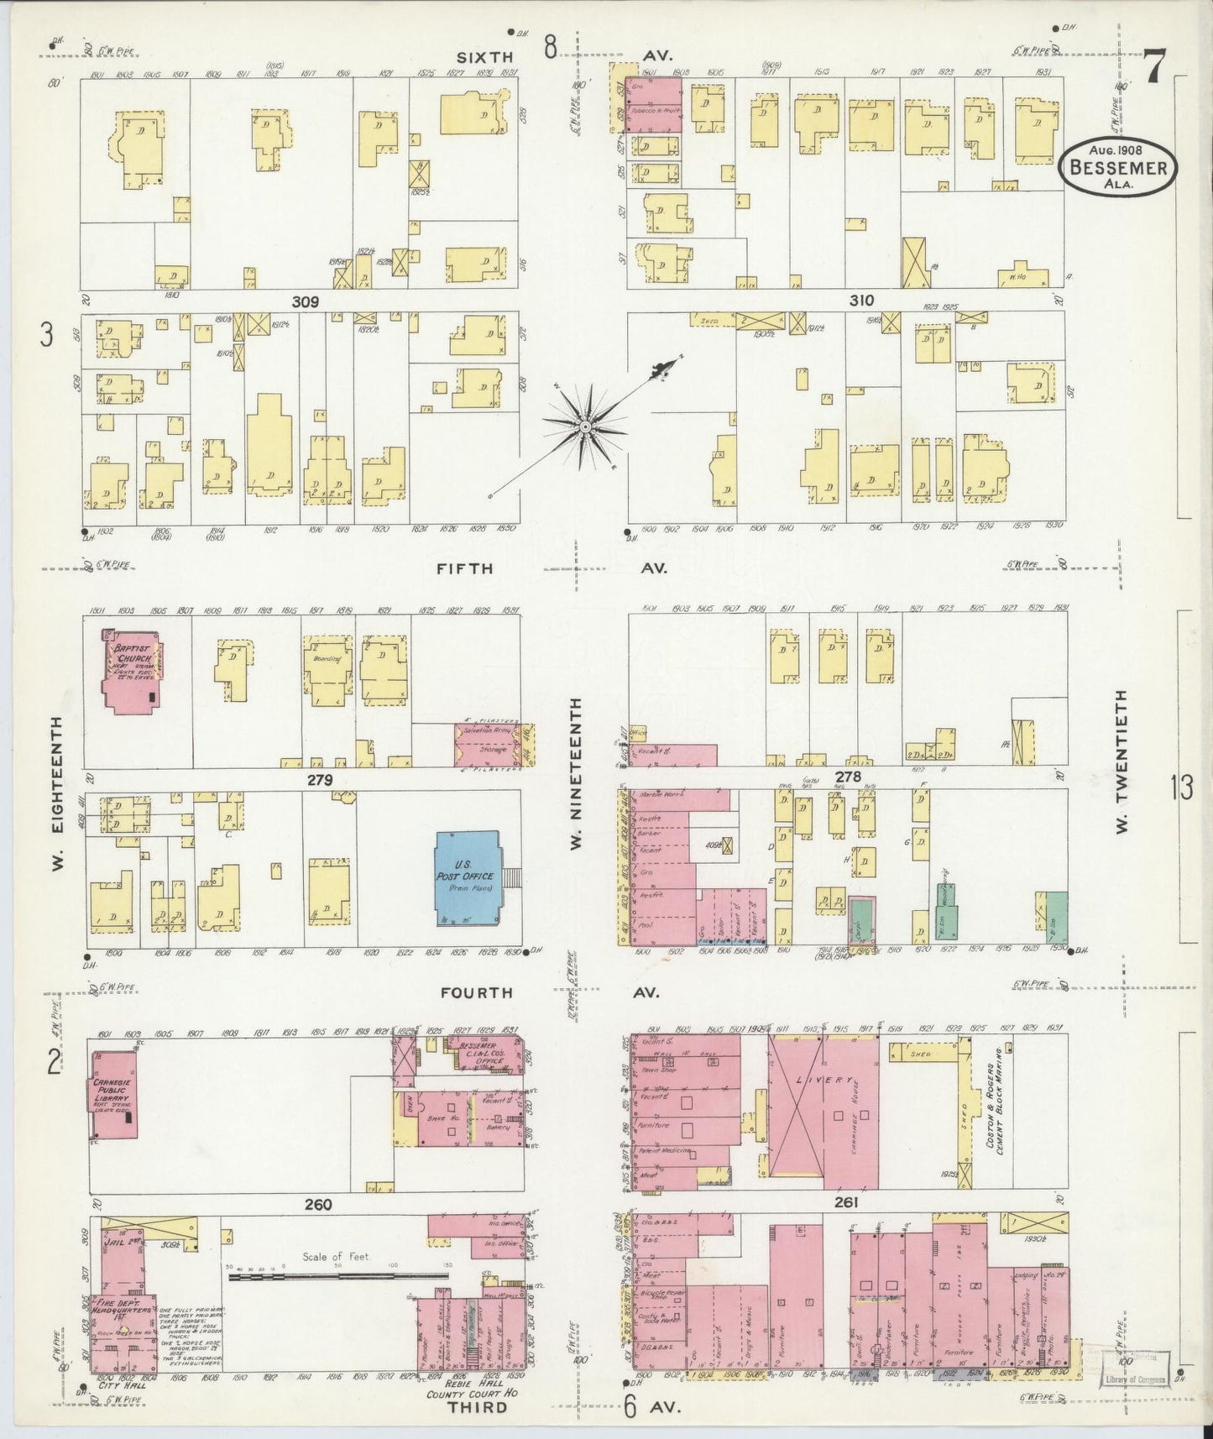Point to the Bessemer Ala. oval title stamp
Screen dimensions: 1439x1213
(x=1117, y=167)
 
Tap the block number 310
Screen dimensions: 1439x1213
(x=861, y=301)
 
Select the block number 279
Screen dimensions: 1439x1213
(x=320, y=780)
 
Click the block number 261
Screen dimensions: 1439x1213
(x=846, y=1203)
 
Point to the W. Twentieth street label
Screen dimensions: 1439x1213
(x=1122, y=762)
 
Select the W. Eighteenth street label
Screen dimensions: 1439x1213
(x=57, y=793)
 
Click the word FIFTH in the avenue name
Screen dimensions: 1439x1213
(x=464, y=568)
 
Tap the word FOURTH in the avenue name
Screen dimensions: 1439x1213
(x=476, y=992)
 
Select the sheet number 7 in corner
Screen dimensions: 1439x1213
(x=1154, y=66)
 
